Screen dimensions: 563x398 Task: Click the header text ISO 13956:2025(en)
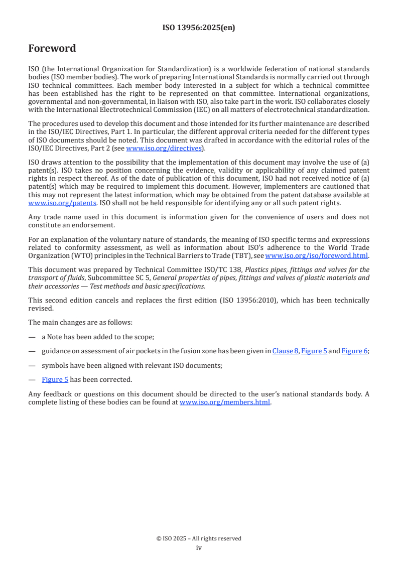(x=199, y=28)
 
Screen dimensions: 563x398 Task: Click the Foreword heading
(x=52, y=49)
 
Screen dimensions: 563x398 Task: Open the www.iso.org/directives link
(x=164, y=148)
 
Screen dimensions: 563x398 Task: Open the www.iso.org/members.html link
(x=225, y=402)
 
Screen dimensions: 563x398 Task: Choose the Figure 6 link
(x=354, y=351)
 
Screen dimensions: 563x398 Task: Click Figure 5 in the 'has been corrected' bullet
(x=55, y=379)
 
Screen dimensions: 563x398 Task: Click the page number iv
(x=199, y=547)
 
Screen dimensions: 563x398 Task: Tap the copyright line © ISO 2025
(x=199, y=538)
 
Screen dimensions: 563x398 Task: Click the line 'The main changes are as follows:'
(x=80, y=322)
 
